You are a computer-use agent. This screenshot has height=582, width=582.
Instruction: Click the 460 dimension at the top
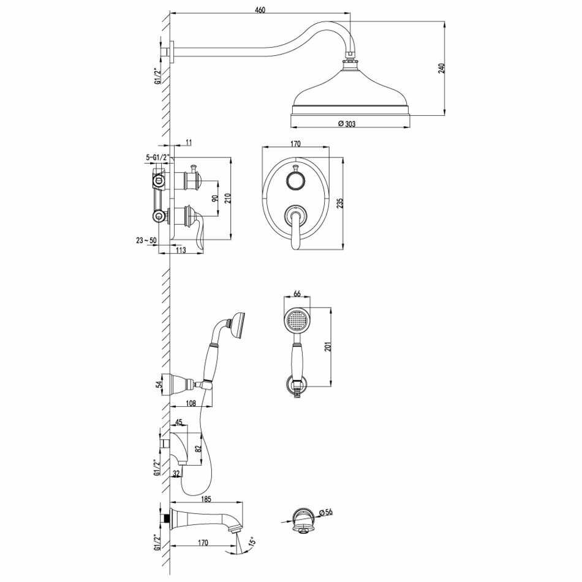260,9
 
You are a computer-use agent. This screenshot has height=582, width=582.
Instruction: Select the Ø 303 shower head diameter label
347,124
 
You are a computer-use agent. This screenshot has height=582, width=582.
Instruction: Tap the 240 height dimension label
441,69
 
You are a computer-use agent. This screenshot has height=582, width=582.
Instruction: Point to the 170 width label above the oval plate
295,143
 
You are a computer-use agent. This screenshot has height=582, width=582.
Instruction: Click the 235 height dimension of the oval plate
340,203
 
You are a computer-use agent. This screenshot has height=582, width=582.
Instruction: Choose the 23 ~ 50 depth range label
146,241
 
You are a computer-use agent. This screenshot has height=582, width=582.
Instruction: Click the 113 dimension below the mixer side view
180,250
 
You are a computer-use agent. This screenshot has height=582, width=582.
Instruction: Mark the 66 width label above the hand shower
297,293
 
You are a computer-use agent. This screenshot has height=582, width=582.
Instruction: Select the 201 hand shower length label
328,346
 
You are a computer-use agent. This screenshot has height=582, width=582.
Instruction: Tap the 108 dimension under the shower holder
191,403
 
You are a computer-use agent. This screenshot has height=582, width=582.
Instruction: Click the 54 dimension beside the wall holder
159,385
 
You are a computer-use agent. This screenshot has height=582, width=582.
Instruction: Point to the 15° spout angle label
252,542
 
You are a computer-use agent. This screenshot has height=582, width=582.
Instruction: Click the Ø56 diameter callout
325,512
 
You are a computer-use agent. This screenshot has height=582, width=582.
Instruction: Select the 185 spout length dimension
206,499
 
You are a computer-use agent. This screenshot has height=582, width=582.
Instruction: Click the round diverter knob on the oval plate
295,181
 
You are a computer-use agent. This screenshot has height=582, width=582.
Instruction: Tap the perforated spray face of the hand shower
297,320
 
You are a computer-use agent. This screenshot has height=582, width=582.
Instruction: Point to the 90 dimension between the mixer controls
214,198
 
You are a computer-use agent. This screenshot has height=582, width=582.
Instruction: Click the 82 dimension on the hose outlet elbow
198,448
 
